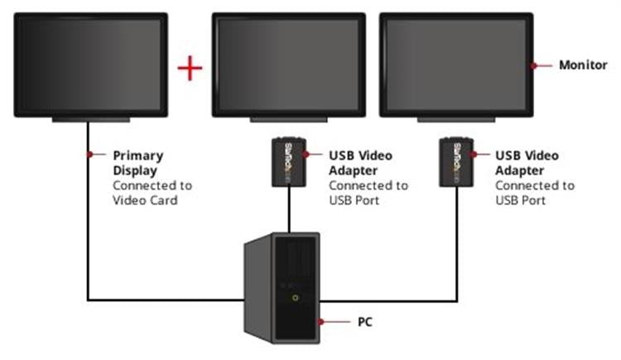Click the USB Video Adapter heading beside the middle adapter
click(x=360, y=163)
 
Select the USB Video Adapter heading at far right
click(x=527, y=163)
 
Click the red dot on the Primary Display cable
click(x=88, y=155)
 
